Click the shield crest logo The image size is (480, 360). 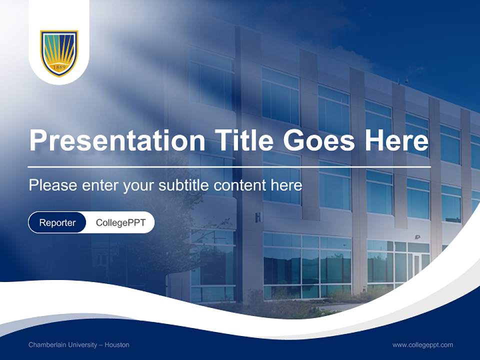(59, 53)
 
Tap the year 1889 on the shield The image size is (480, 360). (59, 67)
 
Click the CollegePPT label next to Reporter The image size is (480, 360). (120, 222)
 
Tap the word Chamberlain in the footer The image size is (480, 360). (48, 345)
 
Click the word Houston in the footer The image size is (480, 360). (117, 345)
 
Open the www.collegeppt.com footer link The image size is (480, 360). (422, 345)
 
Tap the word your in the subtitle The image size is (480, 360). (139, 186)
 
